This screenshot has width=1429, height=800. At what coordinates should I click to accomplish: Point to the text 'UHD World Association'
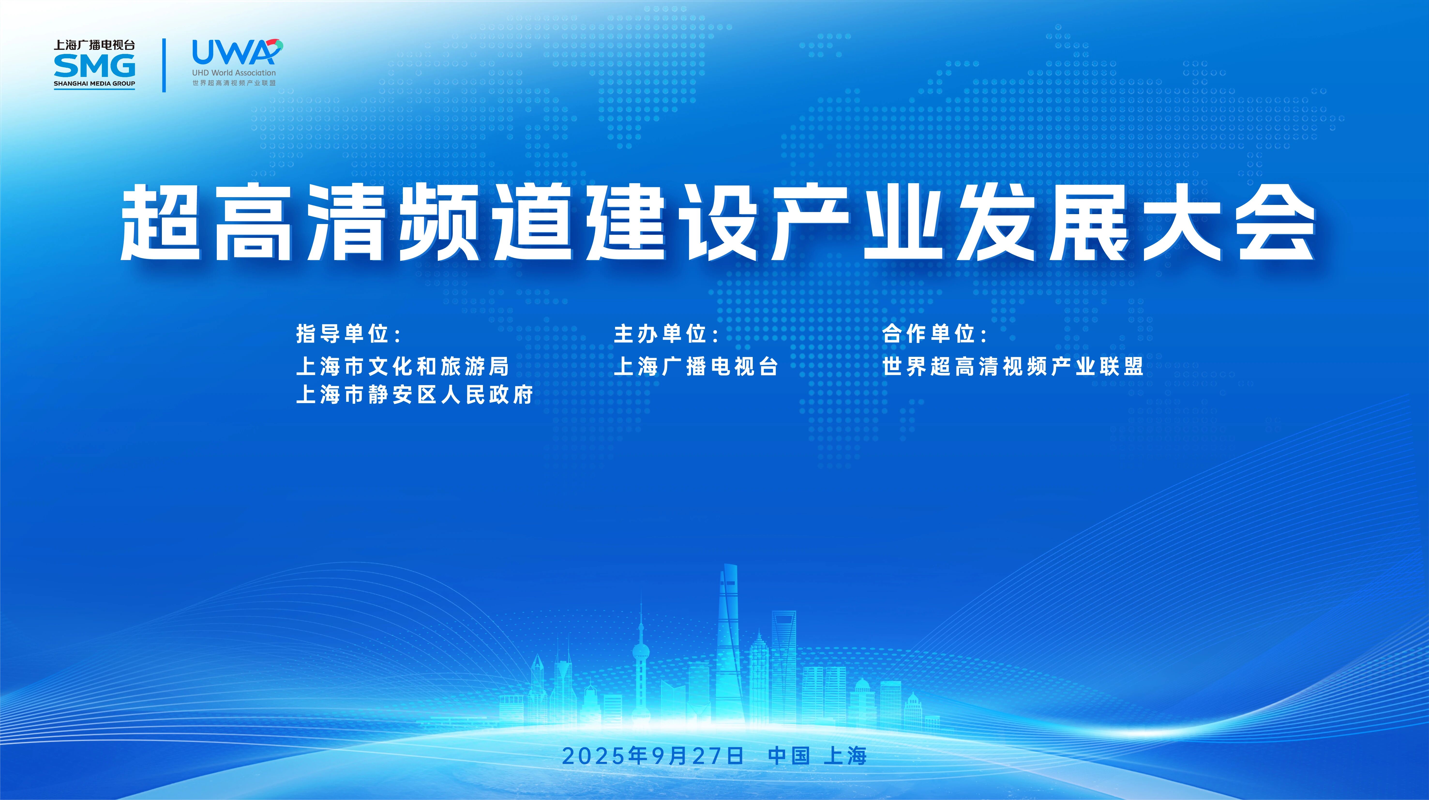coord(233,73)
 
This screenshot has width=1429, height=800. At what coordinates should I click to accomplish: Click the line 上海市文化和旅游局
coord(403,366)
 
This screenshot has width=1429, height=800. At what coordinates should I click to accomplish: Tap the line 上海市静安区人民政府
coord(415,395)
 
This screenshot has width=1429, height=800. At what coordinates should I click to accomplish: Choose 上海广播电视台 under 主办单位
coord(696,366)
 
